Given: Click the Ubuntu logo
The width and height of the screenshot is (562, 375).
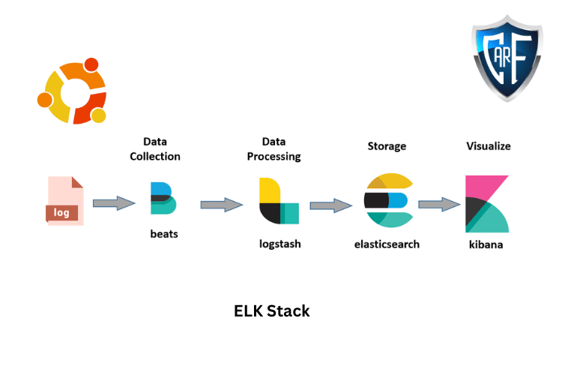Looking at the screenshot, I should pos(72,91).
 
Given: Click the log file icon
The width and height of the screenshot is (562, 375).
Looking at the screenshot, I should pos(65,201).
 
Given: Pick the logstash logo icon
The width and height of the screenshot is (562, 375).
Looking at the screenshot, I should pos(278,201).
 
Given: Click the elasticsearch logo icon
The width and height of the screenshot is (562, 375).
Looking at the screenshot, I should pos(387,200).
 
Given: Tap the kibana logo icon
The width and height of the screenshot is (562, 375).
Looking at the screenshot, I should pos(487,204).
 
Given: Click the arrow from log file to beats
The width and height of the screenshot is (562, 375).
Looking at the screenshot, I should pos(115,202).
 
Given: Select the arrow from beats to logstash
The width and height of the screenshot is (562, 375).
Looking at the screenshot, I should pos(222,204).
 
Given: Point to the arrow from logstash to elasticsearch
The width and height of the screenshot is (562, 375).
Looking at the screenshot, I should pos(331,205).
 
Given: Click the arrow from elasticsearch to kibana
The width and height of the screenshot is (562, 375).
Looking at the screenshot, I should pos(439,203).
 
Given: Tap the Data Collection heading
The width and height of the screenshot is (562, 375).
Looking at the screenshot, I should pos(155,148).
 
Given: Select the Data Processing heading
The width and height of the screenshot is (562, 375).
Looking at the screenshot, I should pos(274,148).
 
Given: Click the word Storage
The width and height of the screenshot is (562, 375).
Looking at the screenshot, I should pos(387,145).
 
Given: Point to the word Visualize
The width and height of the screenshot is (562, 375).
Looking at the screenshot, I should pos(489,145).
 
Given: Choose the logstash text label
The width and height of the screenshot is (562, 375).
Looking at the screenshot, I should pos(280,244).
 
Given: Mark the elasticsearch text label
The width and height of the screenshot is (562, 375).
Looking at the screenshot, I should pos(387,244).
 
